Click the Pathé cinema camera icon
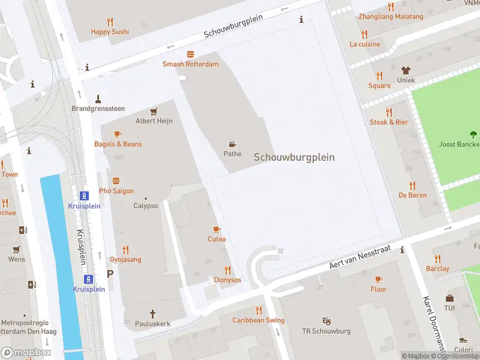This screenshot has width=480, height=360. [x=232, y=144]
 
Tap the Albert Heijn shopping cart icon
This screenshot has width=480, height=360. [x=154, y=111]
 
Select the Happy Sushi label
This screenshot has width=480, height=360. [x=110, y=31]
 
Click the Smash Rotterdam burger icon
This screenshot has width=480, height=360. [x=190, y=54]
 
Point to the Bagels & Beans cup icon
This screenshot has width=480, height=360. [x=118, y=134]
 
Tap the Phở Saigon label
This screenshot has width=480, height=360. [x=116, y=191]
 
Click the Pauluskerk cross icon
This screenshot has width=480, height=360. [x=152, y=313]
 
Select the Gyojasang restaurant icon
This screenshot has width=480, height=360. [x=125, y=250]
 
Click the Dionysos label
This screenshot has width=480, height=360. [x=227, y=280]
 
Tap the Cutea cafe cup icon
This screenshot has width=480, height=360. [x=217, y=229]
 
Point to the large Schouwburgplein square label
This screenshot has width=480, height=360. [x=294, y=157]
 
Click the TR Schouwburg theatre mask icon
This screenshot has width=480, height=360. [x=326, y=321]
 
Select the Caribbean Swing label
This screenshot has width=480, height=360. [x=259, y=320]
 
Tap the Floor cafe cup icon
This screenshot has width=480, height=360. [x=378, y=279]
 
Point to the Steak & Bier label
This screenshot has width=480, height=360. [x=389, y=122]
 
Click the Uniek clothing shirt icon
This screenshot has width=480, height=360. [x=406, y=70]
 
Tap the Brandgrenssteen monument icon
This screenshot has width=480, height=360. [x=98, y=98]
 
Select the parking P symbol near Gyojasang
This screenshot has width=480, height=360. [x=110, y=274]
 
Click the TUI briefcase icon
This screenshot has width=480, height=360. [x=449, y=298]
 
